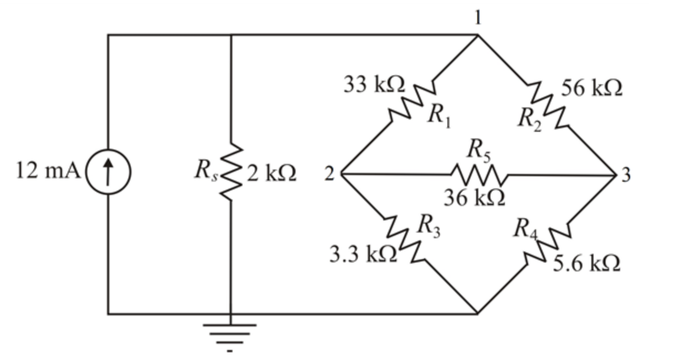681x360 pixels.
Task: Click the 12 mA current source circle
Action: (108, 173)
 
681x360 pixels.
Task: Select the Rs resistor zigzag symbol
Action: (231, 173)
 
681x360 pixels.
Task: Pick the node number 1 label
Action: (478, 18)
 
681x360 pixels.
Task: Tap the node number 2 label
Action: (329, 174)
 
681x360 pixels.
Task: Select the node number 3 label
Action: (625, 174)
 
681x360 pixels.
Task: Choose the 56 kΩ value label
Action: (592, 88)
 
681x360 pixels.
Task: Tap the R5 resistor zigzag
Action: (478, 174)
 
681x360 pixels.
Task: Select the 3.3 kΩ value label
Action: (363, 255)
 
